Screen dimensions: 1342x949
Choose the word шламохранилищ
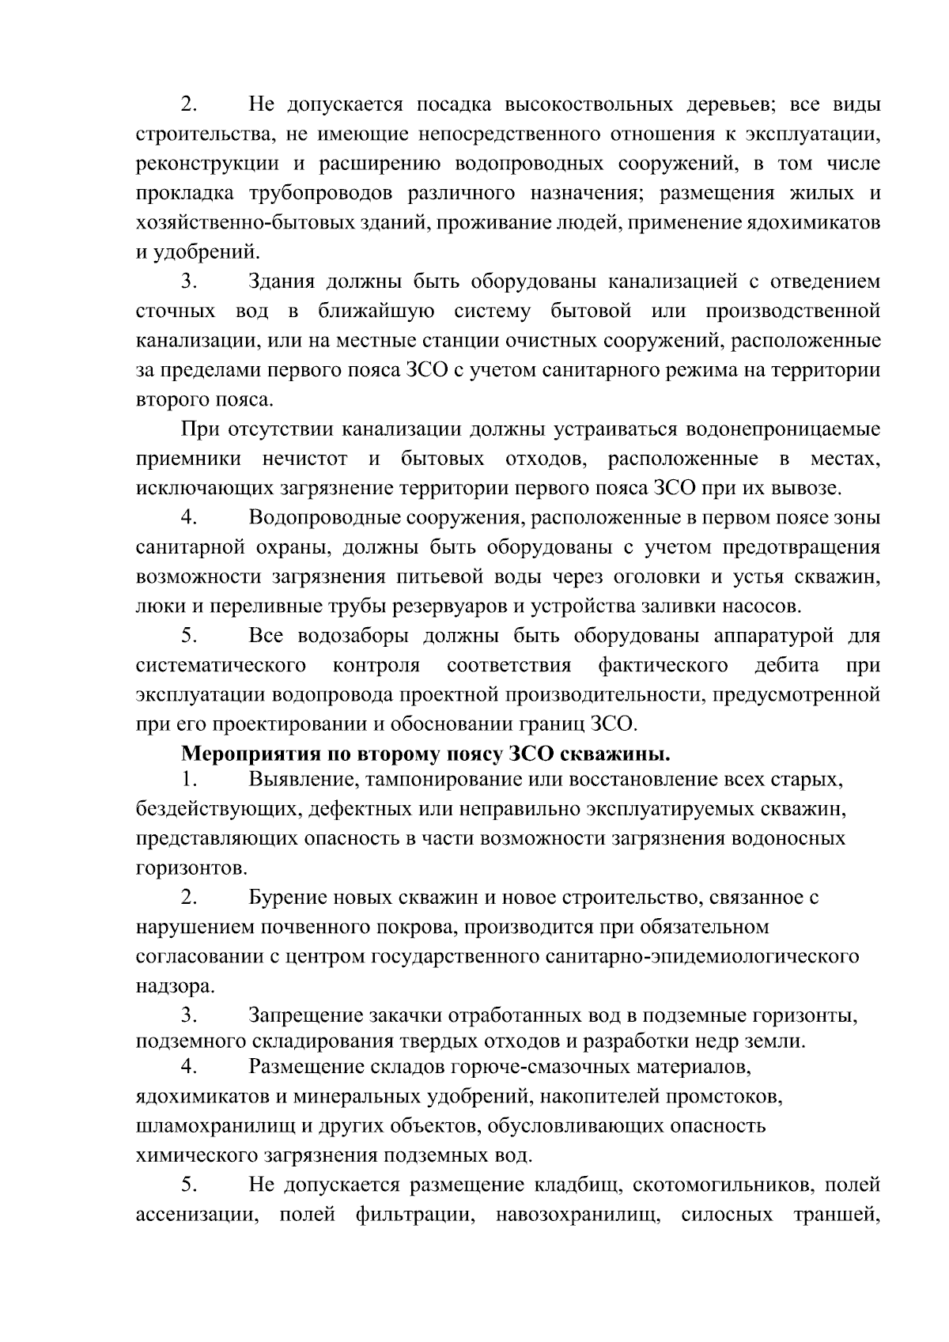[198, 1126]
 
